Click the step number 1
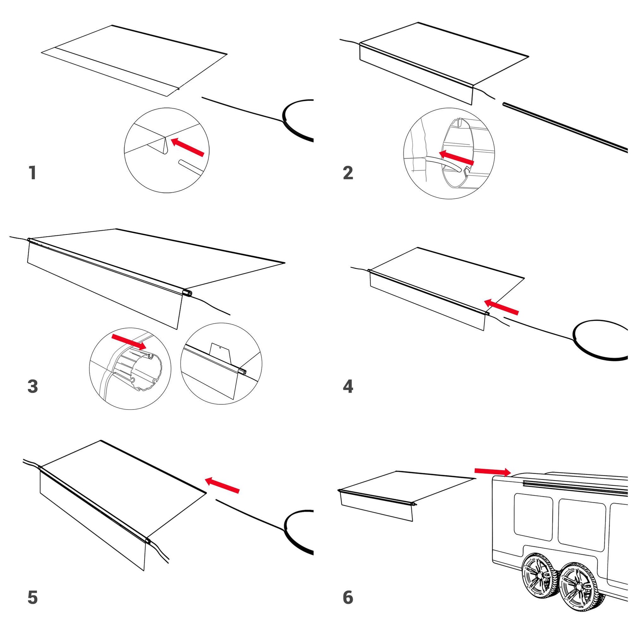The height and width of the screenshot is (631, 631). (32, 173)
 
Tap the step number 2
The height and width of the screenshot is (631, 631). (348, 173)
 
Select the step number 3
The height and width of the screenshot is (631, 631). (33, 387)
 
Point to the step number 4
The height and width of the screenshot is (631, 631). (348, 387)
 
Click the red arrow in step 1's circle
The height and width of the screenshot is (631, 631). (188, 147)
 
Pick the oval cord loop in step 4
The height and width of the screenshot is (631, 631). (600, 340)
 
